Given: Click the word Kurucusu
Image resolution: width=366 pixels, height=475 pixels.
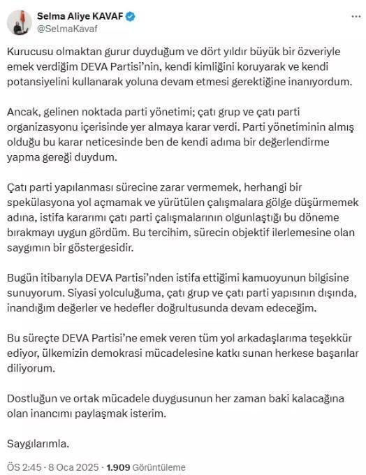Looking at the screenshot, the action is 30,53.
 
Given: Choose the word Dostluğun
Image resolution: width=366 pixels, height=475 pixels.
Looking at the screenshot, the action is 34,398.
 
